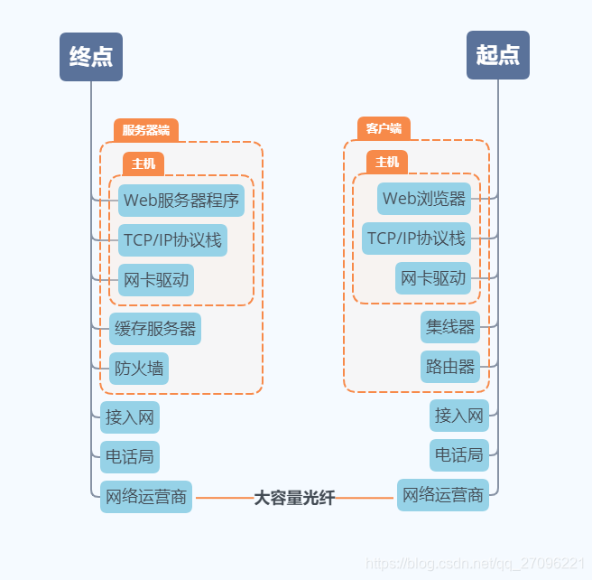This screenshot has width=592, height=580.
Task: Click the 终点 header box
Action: (x=91, y=56)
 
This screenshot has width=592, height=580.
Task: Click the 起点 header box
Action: (x=497, y=55)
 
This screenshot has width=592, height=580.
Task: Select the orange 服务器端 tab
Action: (x=146, y=130)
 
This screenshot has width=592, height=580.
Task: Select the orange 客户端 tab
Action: (x=384, y=128)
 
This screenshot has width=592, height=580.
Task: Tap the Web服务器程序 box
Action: (x=181, y=200)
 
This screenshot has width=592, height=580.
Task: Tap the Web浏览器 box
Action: (x=424, y=199)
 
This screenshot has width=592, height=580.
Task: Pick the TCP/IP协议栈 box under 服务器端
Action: (x=171, y=240)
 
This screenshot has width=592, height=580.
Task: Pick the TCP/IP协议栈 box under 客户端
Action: (x=416, y=239)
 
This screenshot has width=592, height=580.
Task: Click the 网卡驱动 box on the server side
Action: (x=156, y=280)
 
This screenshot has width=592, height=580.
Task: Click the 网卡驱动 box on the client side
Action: (x=433, y=278)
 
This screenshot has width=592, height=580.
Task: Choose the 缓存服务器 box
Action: (x=155, y=329)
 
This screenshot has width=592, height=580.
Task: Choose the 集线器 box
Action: (x=450, y=327)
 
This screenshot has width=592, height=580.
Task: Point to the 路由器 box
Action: (x=450, y=367)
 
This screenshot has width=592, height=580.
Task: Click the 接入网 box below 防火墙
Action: (x=130, y=417)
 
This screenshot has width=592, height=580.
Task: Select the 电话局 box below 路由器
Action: (x=459, y=454)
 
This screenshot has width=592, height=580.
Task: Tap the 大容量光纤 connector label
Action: (x=294, y=498)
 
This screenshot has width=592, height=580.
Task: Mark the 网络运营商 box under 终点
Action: (x=146, y=497)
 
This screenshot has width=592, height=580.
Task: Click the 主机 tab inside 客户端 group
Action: (x=387, y=163)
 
